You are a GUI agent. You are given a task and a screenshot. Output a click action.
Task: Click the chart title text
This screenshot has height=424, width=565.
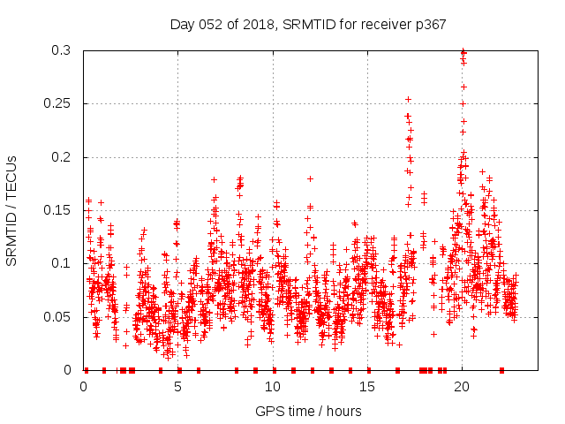point(307,24)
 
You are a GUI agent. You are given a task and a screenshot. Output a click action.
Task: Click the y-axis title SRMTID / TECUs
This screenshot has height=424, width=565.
point(12,209)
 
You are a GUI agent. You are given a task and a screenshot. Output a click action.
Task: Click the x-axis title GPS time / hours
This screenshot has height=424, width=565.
point(307,411)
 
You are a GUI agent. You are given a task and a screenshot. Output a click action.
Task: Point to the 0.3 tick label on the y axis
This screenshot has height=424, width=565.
point(60,50)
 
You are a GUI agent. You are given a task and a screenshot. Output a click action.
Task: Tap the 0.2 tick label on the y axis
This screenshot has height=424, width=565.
point(60,157)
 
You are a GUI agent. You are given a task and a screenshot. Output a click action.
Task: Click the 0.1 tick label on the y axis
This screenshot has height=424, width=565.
point(60,263)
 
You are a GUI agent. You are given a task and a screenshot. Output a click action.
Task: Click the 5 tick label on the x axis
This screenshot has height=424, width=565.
point(178,386)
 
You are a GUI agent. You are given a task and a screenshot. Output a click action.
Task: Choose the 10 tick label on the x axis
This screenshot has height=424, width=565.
point(273,386)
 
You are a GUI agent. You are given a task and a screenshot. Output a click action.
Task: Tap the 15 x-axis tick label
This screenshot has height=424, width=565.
point(367,386)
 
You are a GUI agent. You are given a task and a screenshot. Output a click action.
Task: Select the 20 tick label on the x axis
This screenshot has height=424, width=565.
point(462,386)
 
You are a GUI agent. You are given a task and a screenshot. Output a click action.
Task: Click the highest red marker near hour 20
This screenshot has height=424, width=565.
point(463,51)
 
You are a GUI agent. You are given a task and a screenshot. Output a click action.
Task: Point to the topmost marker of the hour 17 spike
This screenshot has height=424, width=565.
point(408,99)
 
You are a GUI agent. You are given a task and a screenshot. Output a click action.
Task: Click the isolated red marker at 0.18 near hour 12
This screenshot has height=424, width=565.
point(310,178)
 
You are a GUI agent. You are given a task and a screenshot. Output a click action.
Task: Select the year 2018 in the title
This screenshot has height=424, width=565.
point(256,24)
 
